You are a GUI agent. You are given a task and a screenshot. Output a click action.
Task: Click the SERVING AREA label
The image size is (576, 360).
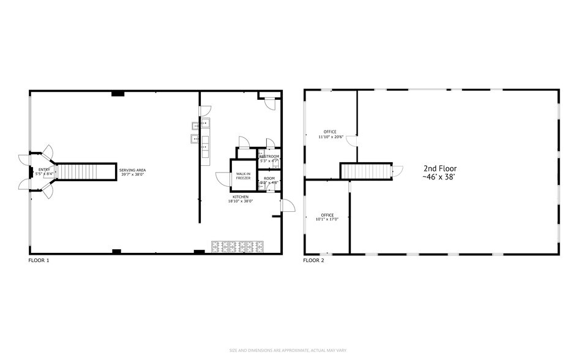point(132,172)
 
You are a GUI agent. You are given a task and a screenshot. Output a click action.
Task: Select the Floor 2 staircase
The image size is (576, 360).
point(365,171)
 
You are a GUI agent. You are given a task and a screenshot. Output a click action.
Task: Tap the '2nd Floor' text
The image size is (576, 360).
point(439,168)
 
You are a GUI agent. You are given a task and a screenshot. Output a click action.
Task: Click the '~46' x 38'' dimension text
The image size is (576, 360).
point(439,177)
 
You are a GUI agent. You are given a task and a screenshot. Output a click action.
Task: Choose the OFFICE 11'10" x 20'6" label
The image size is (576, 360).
point(330,134)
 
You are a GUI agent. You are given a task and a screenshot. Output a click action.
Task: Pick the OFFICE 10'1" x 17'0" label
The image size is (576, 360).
point(327,217)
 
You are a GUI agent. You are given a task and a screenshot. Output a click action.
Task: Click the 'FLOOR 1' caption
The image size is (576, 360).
point(39,260)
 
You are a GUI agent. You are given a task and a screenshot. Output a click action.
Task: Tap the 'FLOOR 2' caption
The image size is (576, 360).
point(313,260)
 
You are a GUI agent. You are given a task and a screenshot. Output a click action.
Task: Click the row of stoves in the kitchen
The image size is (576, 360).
point(236,246)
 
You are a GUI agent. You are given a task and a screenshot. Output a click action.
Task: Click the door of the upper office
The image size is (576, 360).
point(352,141)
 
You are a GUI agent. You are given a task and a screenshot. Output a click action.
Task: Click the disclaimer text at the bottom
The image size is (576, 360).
point(288,350)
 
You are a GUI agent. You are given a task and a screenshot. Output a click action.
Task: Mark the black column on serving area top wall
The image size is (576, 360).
point(118,94)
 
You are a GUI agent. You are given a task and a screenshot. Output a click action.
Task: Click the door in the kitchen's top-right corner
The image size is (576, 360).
point(269,103)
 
